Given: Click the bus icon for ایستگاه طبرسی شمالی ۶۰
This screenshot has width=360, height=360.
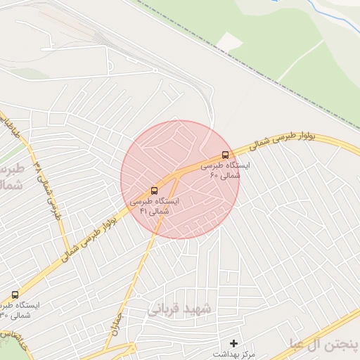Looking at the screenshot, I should (225, 155).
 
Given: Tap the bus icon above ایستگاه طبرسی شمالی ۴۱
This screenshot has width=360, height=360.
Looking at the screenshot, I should (155, 190).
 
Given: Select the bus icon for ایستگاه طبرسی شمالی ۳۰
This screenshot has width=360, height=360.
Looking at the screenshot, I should (15, 294).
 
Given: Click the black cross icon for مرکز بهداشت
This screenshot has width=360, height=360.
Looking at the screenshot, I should (234, 343).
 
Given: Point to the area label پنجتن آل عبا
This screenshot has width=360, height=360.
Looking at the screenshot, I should (323, 343).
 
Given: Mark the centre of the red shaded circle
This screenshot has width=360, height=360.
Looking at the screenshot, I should (180, 179).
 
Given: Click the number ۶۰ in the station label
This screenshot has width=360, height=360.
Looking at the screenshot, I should (214, 174).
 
